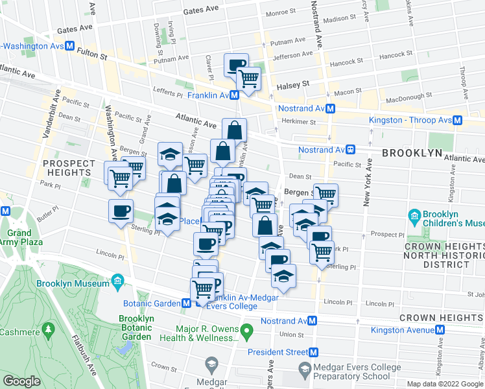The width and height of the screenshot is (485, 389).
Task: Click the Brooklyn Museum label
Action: pos(73,284)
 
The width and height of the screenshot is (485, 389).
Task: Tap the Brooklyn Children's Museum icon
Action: pos(414,215)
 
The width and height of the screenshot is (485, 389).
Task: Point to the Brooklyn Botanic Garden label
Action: pos(136,327)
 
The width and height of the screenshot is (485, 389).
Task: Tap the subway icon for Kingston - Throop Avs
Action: pos(458,120)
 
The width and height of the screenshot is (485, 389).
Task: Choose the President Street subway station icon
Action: pos(314,352)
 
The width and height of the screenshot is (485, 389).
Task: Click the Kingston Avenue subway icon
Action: pos(440,330)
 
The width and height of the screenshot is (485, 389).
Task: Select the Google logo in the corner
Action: pos(21,381)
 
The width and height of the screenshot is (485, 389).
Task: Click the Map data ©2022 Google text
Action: pos(445,384)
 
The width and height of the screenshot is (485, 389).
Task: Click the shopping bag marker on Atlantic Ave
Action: pos(234,130)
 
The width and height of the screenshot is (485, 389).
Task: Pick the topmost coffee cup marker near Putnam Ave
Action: pos(236,65)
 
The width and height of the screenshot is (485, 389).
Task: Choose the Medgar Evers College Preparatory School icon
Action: pos(304,368)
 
